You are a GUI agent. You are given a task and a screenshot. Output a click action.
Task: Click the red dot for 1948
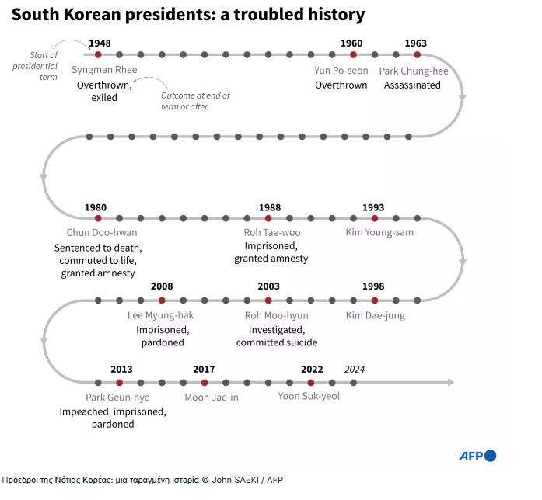(x=98, y=54)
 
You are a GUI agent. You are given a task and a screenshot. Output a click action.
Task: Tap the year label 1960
(x=351, y=43)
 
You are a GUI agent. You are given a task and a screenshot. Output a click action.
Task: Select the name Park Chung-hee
(x=414, y=71)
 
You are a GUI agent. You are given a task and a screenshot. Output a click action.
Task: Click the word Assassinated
(x=412, y=85)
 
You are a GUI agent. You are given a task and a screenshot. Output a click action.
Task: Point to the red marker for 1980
(x=98, y=218)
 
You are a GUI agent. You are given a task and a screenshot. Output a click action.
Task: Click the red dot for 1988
(x=268, y=218)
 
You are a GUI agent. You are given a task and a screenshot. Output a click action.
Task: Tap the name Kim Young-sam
(x=379, y=233)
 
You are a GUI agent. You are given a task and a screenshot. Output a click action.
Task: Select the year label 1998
(x=373, y=287)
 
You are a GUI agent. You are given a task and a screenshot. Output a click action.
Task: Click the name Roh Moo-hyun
(x=276, y=316)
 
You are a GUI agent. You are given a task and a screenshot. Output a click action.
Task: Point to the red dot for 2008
(x=162, y=300)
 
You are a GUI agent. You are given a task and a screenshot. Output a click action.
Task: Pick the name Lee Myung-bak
(x=161, y=316)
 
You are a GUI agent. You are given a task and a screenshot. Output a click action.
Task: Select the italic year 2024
(x=355, y=369)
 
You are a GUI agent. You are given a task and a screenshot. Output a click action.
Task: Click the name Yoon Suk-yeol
(x=309, y=396)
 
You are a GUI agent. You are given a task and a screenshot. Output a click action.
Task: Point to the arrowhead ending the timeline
(x=449, y=382)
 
